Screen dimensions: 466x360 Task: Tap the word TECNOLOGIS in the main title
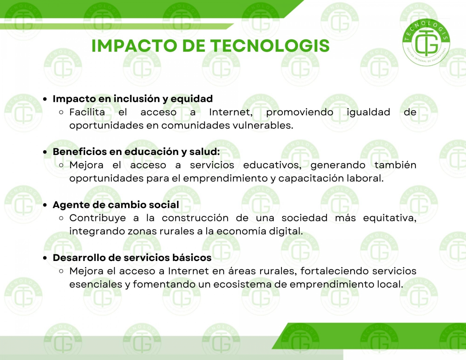270,46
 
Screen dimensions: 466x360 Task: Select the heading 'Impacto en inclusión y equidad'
133,99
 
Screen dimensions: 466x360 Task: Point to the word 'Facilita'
87,112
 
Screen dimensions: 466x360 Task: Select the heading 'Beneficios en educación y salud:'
136,152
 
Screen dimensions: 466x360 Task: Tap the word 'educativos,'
272,165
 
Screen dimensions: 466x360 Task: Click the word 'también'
395,165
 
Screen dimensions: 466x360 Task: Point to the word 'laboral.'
365,178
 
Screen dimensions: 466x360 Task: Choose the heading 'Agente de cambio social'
116,205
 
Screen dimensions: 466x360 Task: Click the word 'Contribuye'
97,218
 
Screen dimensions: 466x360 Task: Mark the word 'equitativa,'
389,218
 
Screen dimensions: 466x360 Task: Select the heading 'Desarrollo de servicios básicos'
132,258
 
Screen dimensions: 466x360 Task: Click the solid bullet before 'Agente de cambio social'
45,205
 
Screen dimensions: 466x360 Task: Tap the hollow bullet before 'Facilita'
61,112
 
